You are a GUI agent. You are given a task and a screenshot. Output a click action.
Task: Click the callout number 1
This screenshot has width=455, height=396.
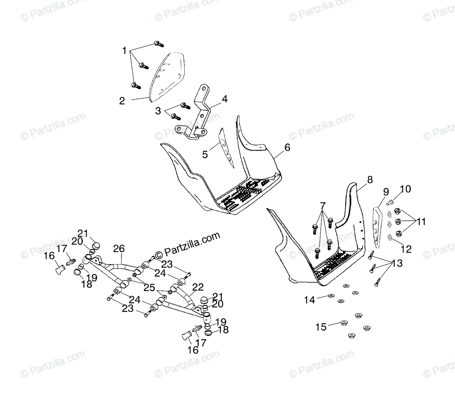click(124, 50)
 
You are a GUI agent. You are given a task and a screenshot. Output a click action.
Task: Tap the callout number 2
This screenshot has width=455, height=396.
click(122, 101)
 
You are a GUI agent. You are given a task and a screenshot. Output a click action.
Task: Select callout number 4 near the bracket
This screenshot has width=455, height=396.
click(224, 99)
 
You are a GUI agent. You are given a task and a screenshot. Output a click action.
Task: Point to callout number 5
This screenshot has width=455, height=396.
click(205, 154)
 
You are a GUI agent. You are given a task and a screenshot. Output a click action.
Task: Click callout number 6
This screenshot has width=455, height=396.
click(287, 147)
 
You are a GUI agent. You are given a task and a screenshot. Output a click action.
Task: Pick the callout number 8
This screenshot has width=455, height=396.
click(370, 179)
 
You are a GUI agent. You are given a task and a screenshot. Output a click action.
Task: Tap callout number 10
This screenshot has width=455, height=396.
click(405, 189)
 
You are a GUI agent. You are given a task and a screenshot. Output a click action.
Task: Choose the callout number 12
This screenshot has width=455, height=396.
click(406, 249)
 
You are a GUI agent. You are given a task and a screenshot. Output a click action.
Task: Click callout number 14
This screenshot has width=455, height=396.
click(310, 300)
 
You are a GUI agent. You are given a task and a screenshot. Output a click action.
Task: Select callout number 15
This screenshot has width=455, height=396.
click(321, 327)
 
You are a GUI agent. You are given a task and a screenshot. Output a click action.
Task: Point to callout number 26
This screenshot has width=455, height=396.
click(119, 249)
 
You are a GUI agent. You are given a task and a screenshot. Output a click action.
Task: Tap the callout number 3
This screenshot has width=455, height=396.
click(158, 111)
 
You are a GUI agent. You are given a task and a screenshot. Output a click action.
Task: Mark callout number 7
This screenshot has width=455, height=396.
click(322, 207)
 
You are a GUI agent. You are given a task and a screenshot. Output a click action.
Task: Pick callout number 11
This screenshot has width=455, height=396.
click(421, 221)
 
